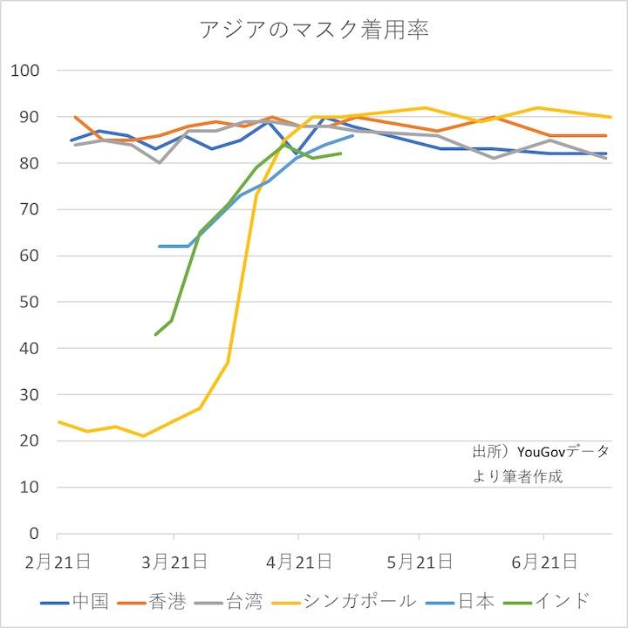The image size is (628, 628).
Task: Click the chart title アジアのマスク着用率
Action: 314,31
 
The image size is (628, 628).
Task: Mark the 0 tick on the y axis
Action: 34,533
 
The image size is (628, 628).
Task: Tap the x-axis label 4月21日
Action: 298,559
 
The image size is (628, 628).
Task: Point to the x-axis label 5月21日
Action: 420,559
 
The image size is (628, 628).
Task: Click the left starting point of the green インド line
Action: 155,335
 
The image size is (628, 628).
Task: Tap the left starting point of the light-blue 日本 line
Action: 160,246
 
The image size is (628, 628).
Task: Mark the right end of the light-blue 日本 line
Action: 352,135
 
